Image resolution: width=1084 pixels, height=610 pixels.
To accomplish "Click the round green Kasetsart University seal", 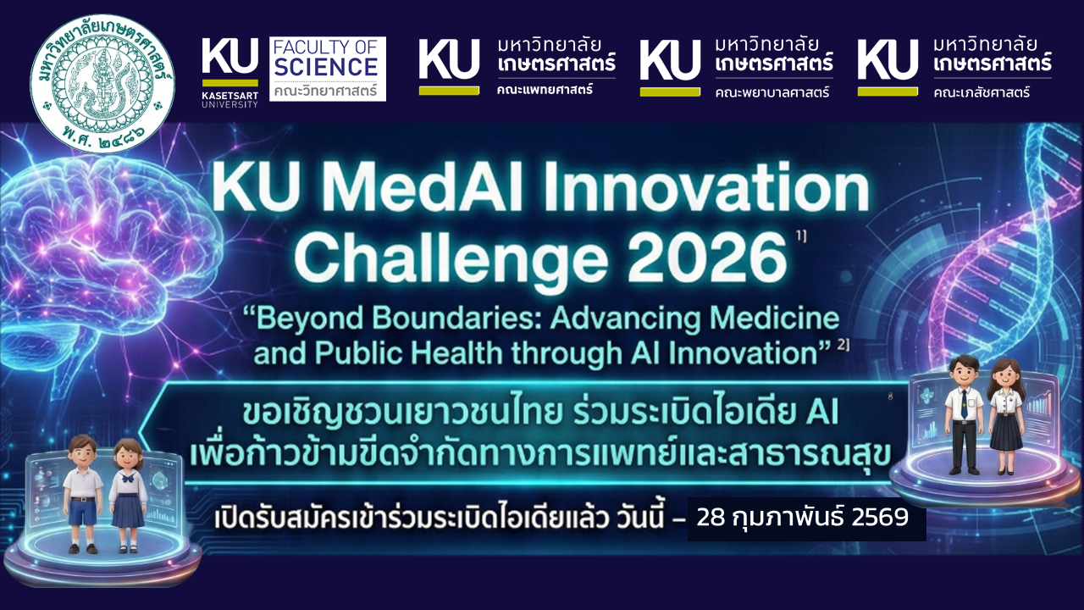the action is tap(102, 83).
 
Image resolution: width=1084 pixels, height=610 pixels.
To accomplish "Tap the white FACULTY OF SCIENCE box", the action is tap(328, 69).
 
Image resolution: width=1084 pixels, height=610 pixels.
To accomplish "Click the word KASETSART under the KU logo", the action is tap(230, 96).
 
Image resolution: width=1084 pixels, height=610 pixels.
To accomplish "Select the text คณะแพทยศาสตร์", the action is tap(545, 90).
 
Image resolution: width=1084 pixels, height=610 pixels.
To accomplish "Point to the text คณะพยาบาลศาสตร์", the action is tap(772, 91).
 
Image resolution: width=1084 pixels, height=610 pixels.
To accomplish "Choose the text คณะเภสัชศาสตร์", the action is tap(982, 91).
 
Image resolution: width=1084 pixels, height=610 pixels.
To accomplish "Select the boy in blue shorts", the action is tap(83, 493).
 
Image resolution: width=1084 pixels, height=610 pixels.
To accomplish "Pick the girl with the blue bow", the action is tap(128, 496).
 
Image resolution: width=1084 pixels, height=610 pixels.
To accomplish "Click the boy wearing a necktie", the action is tap(964, 414).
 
